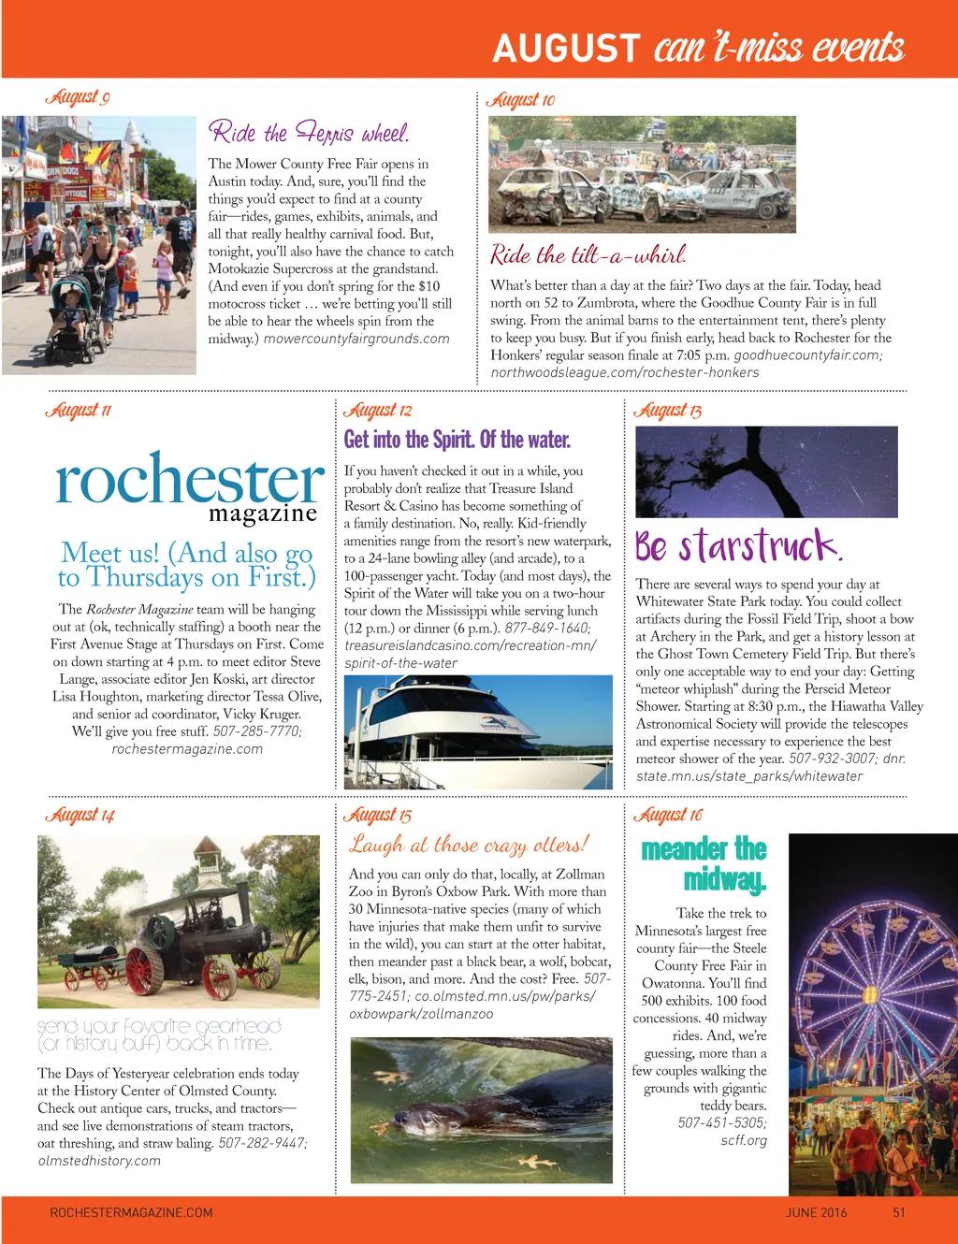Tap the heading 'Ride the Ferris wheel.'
click(x=308, y=132)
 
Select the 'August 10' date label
click(x=522, y=100)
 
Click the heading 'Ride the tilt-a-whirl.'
click(x=588, y=254)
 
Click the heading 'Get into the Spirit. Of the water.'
click(x=457, y=440)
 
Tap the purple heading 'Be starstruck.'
click(x=739, y=545)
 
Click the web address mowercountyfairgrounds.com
click(x=356, y=339)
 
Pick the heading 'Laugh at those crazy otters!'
click(x=469, y=845)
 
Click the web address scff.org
click(x=744, y=1140)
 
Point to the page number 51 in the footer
click(x=899, y=1213)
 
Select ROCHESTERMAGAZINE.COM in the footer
click(x=131, y=1213)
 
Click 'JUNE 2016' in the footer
click(x=816, y=1213)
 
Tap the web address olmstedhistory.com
click(x=99, y=1161)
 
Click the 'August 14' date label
click(x=80, y=816)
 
